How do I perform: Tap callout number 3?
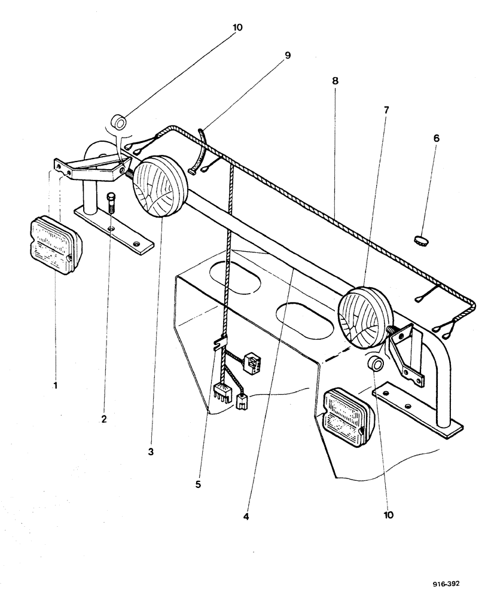click(x=151, y=452)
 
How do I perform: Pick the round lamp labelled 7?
click(x=365, y=316)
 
